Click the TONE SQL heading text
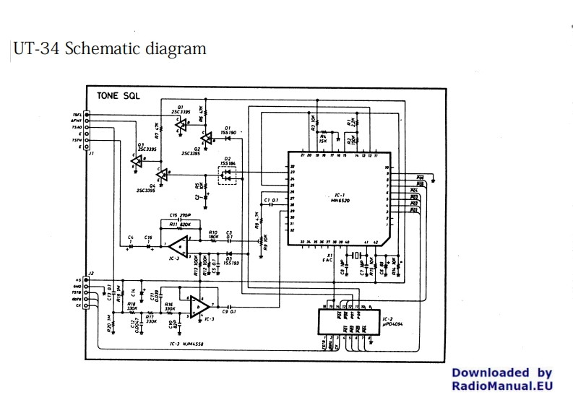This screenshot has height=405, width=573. [x=119, y=95]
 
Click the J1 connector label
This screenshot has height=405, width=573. [x=91, y=154]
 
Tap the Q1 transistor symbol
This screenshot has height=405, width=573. [x=180, y=124]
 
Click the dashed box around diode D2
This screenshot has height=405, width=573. [x=228, y=174]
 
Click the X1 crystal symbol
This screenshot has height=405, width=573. [x=354, y=256]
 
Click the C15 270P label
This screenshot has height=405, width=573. [x=179, y=214]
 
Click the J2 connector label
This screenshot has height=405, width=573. [x=89, y=274]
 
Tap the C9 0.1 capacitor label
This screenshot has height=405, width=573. [x=228, y=310]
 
